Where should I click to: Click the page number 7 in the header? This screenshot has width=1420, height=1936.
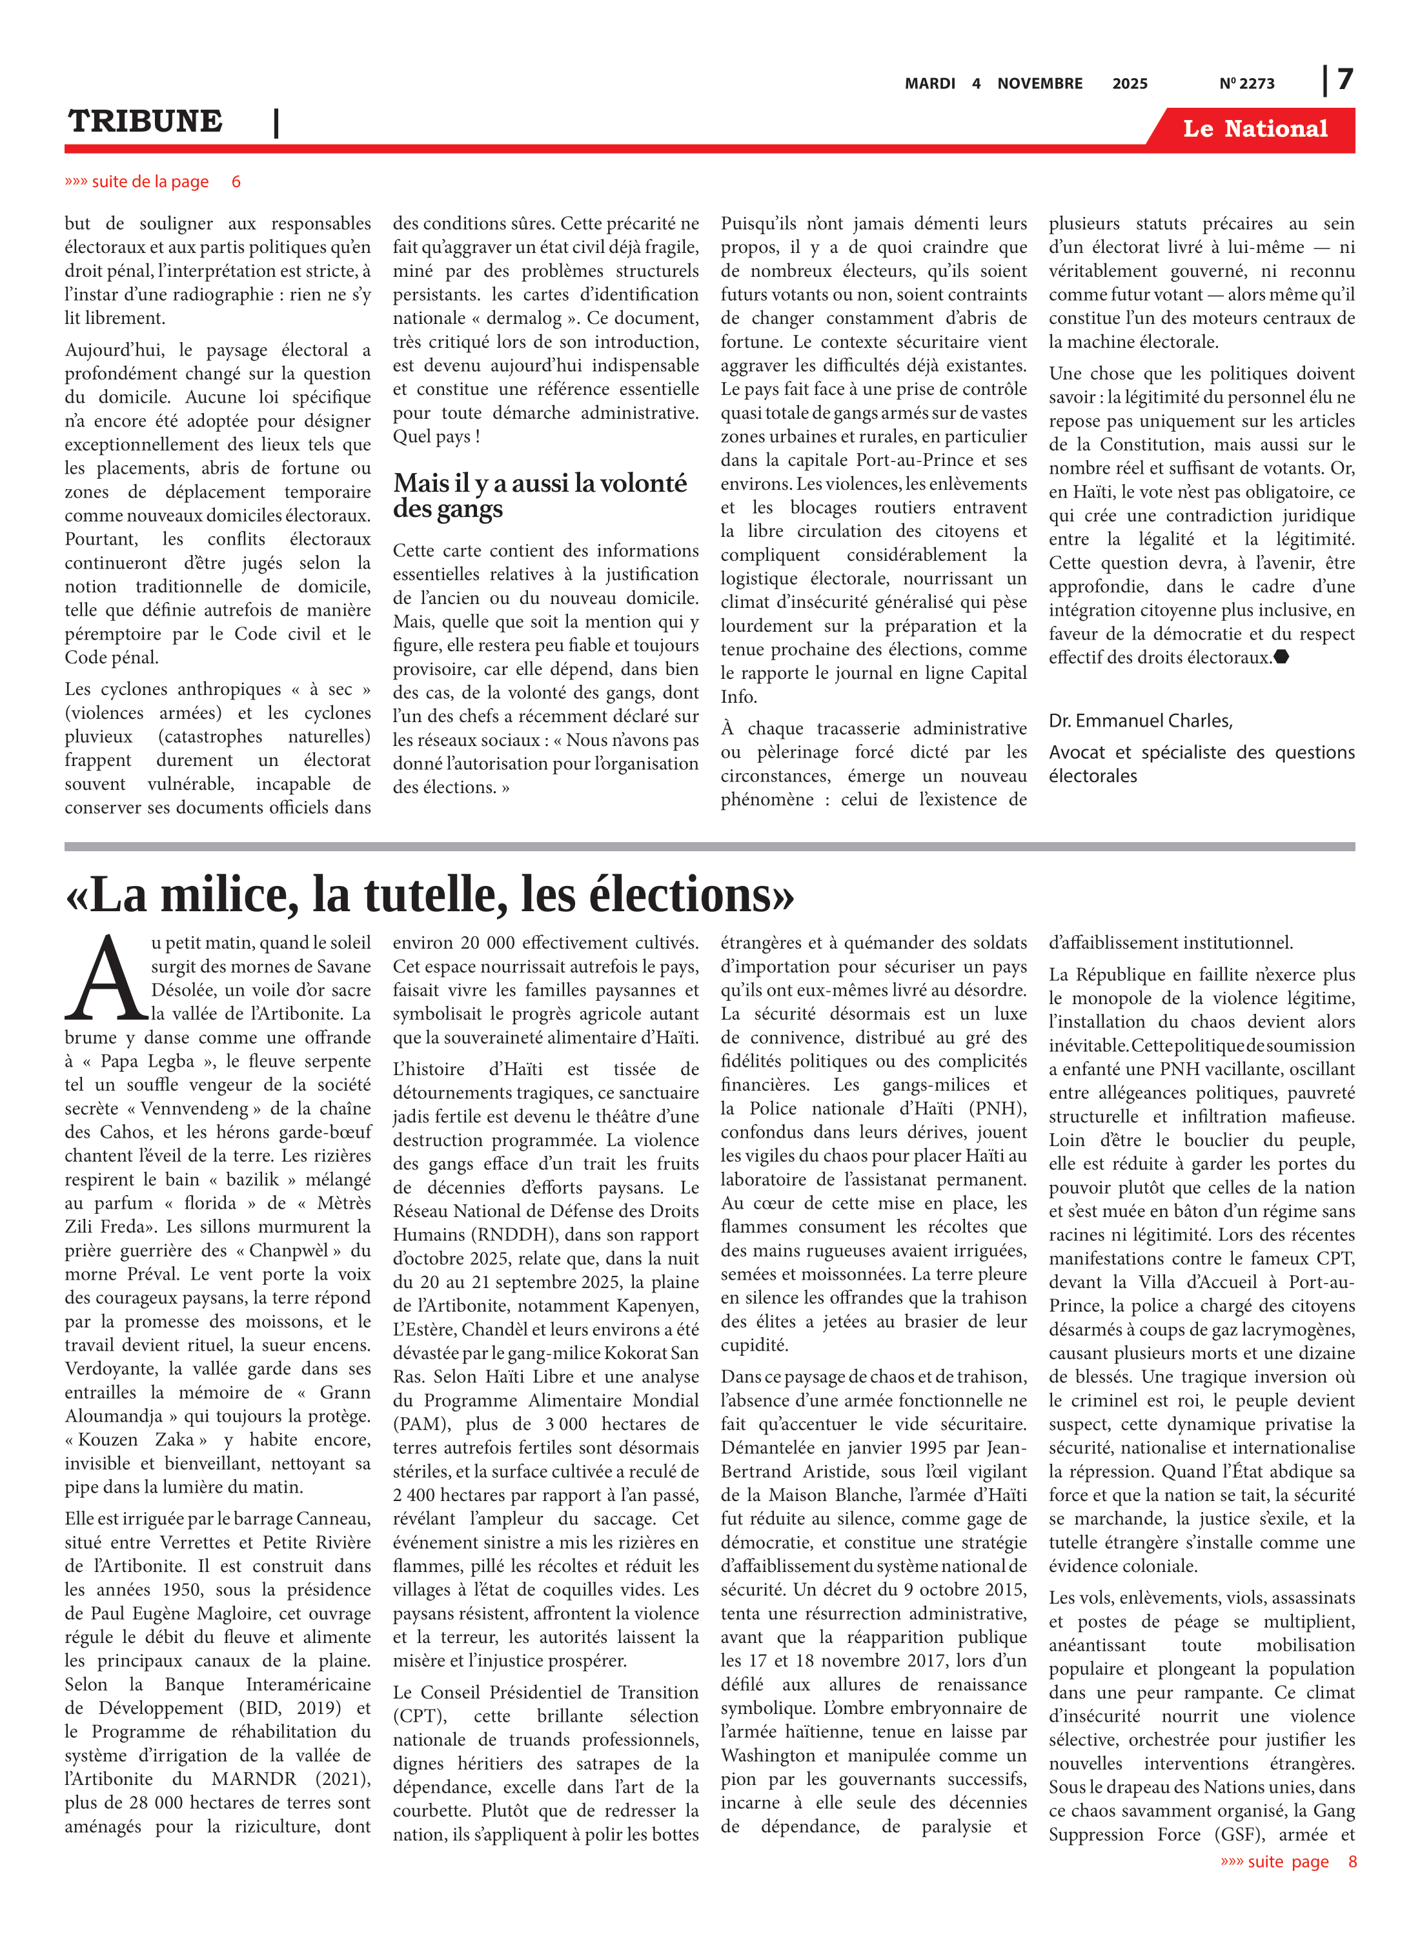coord(1345,79)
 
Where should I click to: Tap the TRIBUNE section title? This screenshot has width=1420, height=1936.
coord(145,121)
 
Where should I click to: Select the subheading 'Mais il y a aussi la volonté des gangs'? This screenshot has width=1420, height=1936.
coord(539,495)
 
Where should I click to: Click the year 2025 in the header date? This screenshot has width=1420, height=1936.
coord(1130,83)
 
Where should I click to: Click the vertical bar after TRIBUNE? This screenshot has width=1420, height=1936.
coord(276,123)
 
